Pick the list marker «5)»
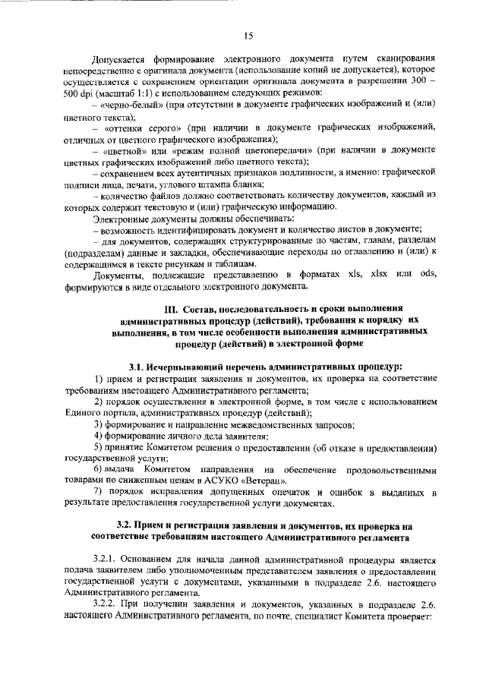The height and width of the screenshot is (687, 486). pos(99,448)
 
